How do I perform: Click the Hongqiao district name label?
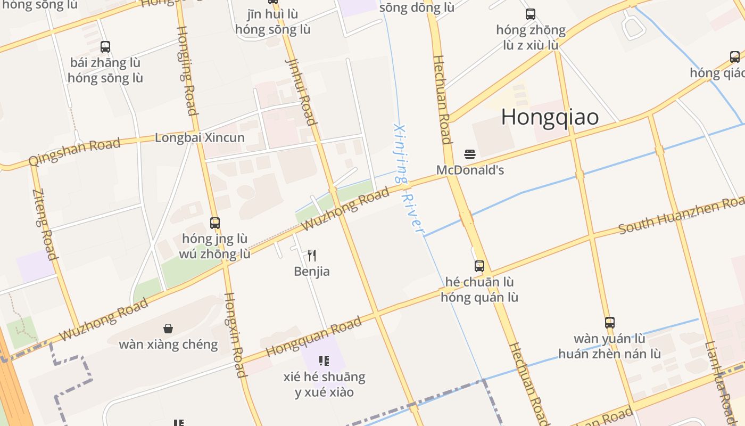coord(550,117)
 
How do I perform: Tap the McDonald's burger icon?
coord(469,154)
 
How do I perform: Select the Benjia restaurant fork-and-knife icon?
coord(312,256)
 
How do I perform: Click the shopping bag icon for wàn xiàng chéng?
coord(168,329)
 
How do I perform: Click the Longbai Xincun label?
coord(200,138)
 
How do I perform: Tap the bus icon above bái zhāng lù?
coord(105,47)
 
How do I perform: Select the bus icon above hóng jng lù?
coord(215,223)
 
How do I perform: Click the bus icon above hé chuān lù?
coord(479,266)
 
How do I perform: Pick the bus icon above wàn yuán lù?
coord(610,322)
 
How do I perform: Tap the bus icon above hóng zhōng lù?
coord(531,14)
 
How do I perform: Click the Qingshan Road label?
coord(74,152)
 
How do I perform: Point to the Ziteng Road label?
coord(45,224)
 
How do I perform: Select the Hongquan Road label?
coord(313,337)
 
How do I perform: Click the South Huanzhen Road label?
coord(681,215)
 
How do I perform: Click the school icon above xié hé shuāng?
coord(324,361)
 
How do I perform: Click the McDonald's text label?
coord(470,170)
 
